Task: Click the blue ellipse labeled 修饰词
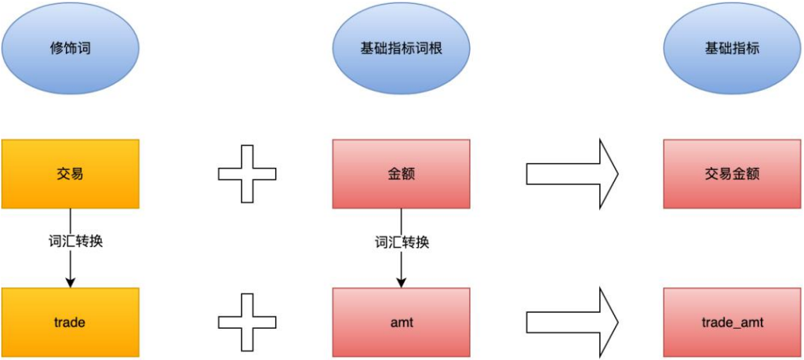pyautogui.click(x=70, y=49)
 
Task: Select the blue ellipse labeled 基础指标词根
pyautogui.click(x=401, y=49)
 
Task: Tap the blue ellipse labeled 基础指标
pyautogui.click(x=732, y=49)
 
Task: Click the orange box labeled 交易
pyautogui.click(x=70, y=174)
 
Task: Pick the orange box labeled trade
pyautogui.click(x=70, y=322)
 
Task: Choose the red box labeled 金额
pyautogui.click(x=401, y=174)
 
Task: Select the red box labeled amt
pyautogui.click(x=401, y=322)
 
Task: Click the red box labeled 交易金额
pyautogui.click(x=732, y=174)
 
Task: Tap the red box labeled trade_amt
pyautogui.click(x=732, y=322)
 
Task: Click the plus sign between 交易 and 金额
pyautogui.click(x=246, y=174)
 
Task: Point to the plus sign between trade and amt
pyautogui.click(x=246, y=322)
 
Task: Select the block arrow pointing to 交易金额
pyautogui.click(x=571, y=174)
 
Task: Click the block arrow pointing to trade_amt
pyautogui.click(x=571, y=322)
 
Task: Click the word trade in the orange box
pyautogui.click(x=70, y=322)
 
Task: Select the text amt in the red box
pyautogui.click(x=401, y=322)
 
